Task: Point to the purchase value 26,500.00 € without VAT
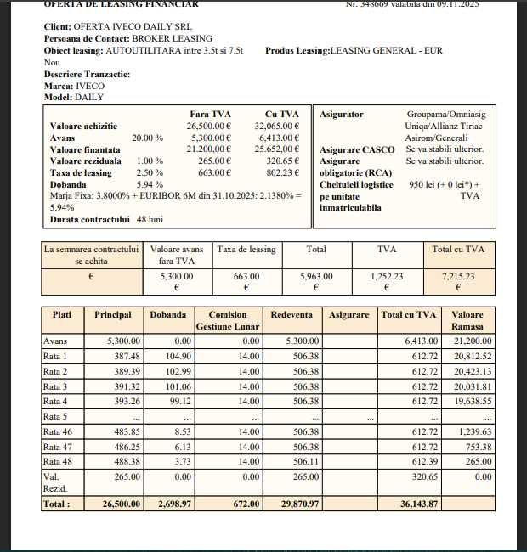209,126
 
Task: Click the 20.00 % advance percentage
147,137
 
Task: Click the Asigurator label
342,114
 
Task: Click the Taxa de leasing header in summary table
246,250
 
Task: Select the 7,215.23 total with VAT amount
458,276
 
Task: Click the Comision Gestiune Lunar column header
228,320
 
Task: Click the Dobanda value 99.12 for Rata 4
173,402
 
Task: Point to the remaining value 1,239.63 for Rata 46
473,432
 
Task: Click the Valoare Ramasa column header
467,320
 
